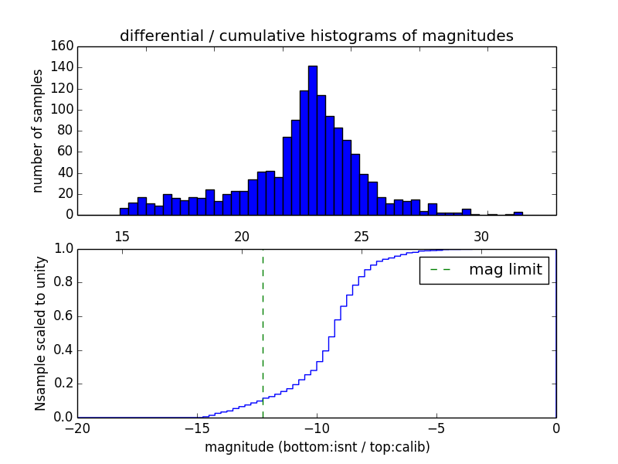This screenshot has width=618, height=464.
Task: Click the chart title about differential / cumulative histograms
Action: coord(316,36)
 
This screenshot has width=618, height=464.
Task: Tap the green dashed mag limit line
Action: coord(263,333)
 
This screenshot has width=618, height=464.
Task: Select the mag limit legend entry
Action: coord(484,271)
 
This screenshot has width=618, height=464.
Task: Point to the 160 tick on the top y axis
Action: coord(64,46)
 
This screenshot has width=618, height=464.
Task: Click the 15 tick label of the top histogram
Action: coord(121,237)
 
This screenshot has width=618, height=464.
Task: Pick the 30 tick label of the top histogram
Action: coord(481,237)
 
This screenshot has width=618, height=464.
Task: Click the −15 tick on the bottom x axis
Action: coord(197,427)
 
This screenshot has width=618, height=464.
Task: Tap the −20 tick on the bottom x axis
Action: coord(77,427)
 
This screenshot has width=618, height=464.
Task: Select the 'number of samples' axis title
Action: coord(38,131)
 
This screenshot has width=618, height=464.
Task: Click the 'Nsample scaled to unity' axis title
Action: coord(40,333)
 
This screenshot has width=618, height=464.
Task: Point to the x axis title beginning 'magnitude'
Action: coord(317,448)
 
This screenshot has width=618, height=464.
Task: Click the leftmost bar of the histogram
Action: coord(124,211)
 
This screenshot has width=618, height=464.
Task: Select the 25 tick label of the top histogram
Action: coord(362,237)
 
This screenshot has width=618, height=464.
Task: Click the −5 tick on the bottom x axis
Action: coord(436,427)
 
